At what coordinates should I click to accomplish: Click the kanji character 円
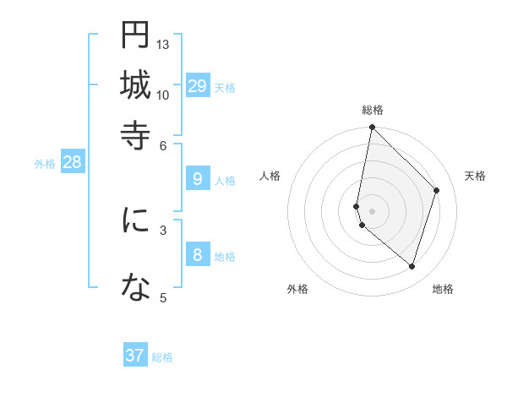(x=135, y=35)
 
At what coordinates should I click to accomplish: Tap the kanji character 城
(x=135, y=84)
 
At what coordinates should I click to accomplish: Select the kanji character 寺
(x=135, y=134)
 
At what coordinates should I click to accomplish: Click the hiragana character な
(x=135, y=288)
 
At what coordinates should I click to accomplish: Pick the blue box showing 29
(x=198, y=86)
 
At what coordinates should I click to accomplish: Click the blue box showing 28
(x=72, y=163)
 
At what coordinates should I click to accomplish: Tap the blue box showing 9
(x=198, y=179)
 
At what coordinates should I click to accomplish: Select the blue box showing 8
(x=198, y=256)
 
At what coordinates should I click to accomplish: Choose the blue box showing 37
(x=135, y=356)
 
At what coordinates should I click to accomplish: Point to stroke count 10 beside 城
(x=163, y=94)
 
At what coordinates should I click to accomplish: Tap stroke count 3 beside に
(x=163, y=228)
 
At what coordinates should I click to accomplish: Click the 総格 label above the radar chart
(x=373, y=110)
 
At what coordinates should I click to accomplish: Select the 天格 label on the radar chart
(x=475, y=176)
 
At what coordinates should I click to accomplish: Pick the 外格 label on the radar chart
(x=297, y=289)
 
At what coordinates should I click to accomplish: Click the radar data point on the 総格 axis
(x=372, y=128)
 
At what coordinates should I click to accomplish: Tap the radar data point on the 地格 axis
(x=412, y=267)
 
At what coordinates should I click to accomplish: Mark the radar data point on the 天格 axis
(x=437, y=190)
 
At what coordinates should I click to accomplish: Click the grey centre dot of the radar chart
(x=372, y=210)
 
